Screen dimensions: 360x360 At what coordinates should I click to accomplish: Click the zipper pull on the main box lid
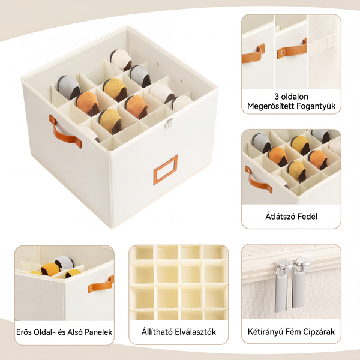pos(168,124)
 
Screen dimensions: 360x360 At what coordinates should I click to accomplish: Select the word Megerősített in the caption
pos(270,106)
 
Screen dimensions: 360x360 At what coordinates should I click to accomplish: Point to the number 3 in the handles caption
pos(277,97)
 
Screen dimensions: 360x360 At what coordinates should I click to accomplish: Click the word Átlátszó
pos(280,216)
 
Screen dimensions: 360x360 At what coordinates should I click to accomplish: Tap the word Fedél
pos(307,216)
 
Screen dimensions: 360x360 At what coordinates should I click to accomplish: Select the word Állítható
pos(157,332)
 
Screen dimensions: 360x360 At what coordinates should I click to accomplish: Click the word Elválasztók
pos(196,332)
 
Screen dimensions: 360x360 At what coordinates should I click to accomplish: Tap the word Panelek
pos(99,332)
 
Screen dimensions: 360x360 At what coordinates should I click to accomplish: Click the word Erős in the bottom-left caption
pos(24,332)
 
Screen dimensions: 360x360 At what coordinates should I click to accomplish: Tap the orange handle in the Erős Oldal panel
pos(101,284)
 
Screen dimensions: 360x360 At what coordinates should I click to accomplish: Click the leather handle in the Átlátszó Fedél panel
pos(258,180)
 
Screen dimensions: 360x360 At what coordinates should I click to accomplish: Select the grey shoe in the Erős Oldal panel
pos(64,262)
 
